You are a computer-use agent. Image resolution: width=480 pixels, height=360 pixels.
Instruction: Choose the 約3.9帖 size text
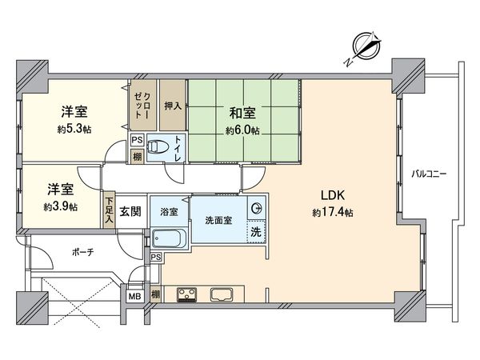click(x=62, y=206)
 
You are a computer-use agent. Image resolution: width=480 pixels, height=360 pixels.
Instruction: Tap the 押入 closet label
click(x=172, y=106)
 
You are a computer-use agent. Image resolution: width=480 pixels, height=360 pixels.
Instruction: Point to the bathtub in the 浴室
click(x=168, y=239)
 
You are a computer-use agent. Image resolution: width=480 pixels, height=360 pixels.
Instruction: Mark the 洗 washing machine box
click(x=254, y=232)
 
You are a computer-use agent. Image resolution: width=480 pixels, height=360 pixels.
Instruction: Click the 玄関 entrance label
click(x=130, y=212)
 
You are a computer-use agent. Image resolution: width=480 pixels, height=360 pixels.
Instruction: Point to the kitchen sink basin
click(x=222, y=294)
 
